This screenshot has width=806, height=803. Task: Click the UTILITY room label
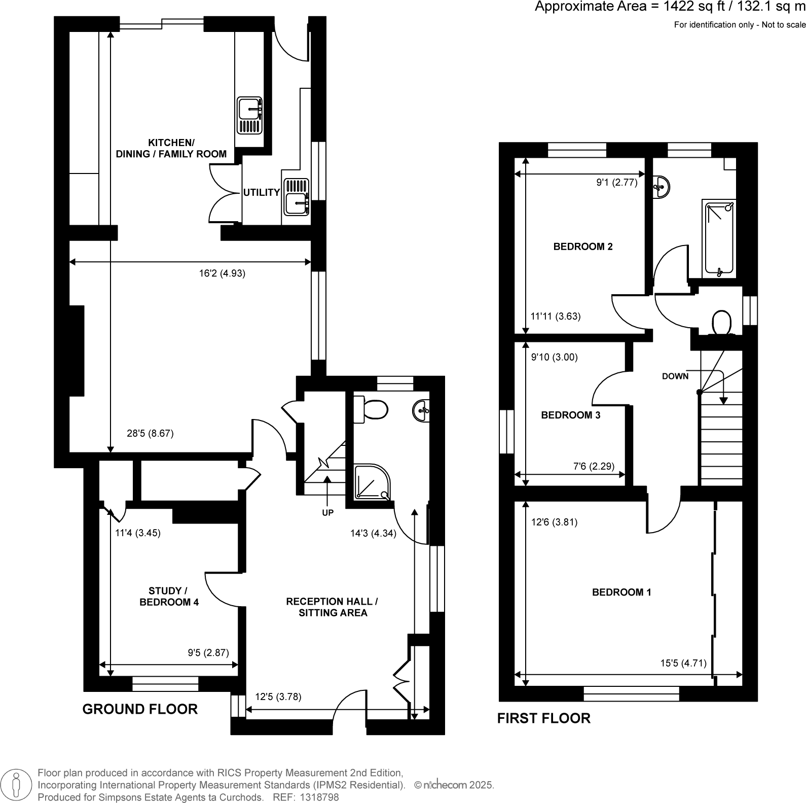tap(261, 192)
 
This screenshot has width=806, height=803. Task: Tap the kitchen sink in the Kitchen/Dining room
tap(250, 116)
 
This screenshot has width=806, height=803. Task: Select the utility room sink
tap(296, 196)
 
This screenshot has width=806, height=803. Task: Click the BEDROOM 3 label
tap(570, 415)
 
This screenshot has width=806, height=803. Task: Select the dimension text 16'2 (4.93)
tap(222, 273)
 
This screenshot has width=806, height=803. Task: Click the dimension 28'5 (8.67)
tap(150, 434)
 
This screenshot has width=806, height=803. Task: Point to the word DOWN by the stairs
tap(675, 376)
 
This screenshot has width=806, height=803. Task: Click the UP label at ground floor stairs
tap(327, 513)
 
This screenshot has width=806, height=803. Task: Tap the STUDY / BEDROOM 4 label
tap(169, 596)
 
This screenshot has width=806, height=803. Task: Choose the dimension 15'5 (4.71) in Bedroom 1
tap(683, 662)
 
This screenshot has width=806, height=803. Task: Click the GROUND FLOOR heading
tap(140, 709)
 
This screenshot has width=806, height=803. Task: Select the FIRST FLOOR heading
tap(543, 718)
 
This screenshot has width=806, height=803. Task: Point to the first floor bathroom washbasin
tap(661, 187)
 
